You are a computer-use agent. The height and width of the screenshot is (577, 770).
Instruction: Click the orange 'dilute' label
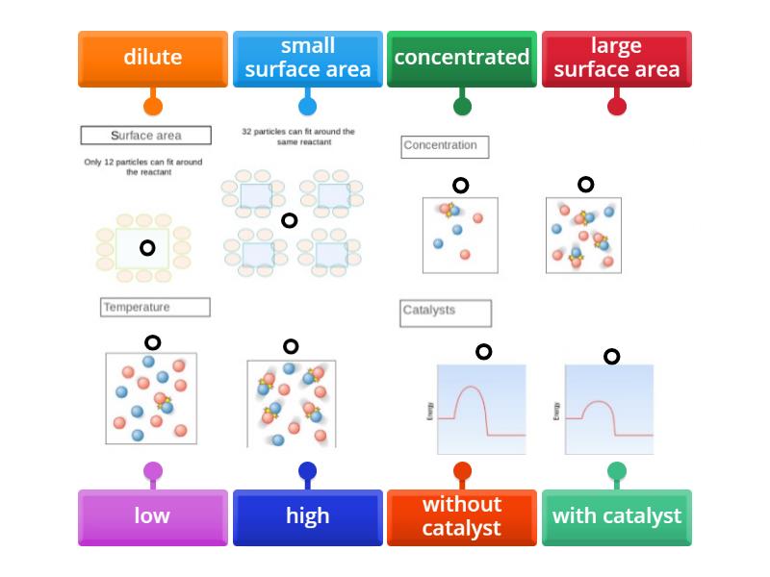coord(153,58)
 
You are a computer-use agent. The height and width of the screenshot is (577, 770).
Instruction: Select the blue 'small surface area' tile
coord(307,58)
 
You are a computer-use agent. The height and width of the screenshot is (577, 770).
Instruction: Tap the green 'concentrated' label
coord(462,58)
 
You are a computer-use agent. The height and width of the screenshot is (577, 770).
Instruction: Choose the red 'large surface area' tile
coord(616,58)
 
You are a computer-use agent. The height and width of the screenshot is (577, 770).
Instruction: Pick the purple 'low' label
coord(153,516)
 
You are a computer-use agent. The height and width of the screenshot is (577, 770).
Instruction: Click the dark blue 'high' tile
coord(307,516)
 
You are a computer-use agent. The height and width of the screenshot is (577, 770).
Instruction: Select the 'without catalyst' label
coord(462,516)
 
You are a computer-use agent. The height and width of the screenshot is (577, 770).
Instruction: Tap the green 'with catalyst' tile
coord(616,516)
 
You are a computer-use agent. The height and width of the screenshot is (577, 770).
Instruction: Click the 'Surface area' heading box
coord(145,136)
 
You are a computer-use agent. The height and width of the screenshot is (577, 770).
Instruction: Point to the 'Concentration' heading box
coord(445,146)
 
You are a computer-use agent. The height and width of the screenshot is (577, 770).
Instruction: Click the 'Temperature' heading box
coord(155,308)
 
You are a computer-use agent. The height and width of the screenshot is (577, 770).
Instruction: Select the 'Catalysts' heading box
coord(445,312)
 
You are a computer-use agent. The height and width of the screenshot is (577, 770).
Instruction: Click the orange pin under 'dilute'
coord(153,106)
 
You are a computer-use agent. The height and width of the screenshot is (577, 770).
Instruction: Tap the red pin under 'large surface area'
coord(617,106)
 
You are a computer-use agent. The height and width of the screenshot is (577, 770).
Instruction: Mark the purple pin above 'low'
coord(153,471)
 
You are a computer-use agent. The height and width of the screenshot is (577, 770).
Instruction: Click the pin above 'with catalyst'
coord(617,471)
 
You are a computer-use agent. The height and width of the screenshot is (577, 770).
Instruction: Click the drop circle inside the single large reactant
coord(147,248)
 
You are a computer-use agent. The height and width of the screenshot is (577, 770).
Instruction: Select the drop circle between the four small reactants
coord(289,221)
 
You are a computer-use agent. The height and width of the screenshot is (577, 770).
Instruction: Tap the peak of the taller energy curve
coord(469,388)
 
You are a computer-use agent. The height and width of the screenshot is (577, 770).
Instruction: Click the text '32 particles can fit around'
coord(298,132)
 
